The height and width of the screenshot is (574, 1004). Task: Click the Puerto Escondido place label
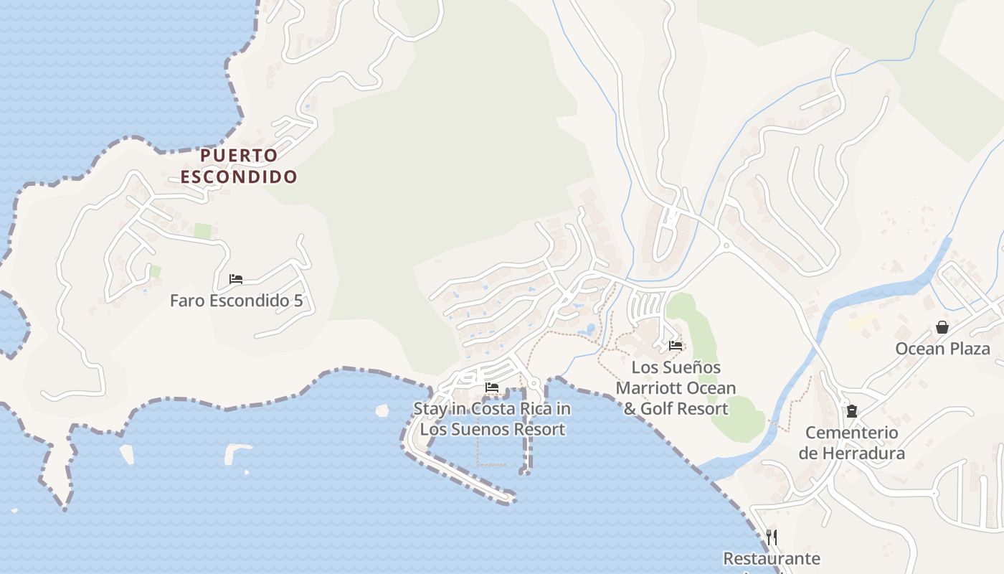click(x=238, y=166)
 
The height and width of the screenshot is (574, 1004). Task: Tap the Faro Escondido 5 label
click(x=236, y=300)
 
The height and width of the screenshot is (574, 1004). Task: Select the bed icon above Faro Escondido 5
click(x=236, y=278)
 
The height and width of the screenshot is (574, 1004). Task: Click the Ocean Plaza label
click(x=942, y=349)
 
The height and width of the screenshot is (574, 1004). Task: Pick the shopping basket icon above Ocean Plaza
click(x=942, y=327)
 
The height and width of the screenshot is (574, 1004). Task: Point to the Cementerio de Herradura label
click(x=851, y=443)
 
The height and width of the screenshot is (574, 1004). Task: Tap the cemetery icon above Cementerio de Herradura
click(x=851, y=411)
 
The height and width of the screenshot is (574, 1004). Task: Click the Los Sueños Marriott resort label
click(x=676, y=388)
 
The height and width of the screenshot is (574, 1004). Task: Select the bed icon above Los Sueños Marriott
click(x=676, y=345)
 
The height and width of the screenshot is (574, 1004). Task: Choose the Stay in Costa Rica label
click(x=492, y=418)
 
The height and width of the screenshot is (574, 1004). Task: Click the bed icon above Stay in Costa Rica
click(x=492, y=387)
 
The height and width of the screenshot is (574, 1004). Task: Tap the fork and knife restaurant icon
click(x=772, y=537)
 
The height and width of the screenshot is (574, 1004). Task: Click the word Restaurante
click(x=772, y=558)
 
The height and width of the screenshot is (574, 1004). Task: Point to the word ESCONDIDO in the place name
click(x=238, y=177)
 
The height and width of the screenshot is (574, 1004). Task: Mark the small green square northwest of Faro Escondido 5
click(x=203, y=231)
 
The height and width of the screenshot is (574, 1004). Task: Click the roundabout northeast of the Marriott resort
click(x=726, y=245)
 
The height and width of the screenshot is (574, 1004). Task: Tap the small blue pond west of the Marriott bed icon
click(x=590, y=329)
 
